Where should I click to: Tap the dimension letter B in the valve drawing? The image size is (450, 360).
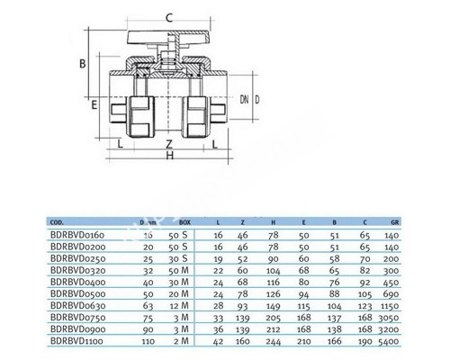coord(80,63)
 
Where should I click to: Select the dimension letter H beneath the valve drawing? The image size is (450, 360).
coord(169,157)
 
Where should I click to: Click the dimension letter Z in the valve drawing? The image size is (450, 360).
coord(169,142)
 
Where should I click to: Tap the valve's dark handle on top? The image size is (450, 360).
coord(170,37)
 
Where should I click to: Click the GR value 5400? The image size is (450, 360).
coord(389,340)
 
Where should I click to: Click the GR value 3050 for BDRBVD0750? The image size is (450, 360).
coord(389,317)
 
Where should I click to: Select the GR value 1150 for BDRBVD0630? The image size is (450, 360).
coord(389,304)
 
